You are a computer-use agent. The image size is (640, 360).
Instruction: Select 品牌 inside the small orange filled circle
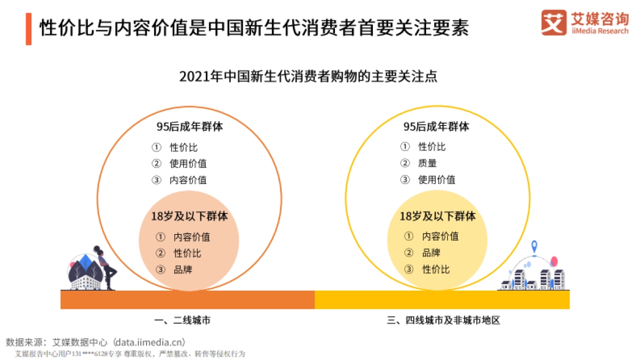[182, 269]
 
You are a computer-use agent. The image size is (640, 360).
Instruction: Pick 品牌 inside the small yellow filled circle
[431, 253]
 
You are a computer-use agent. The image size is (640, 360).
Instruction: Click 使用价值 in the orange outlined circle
[188, 164]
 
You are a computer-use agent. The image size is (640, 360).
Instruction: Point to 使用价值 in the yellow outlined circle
[436, 180]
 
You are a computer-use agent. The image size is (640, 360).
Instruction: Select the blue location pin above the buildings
[534, 247]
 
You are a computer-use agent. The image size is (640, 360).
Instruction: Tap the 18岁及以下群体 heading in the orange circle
[189, 217]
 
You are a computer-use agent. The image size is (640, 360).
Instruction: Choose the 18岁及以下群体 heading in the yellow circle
[437, 217]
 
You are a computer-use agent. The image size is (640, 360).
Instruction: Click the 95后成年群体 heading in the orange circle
[189, 127]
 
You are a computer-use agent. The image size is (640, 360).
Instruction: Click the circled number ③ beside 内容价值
[156, 180]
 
